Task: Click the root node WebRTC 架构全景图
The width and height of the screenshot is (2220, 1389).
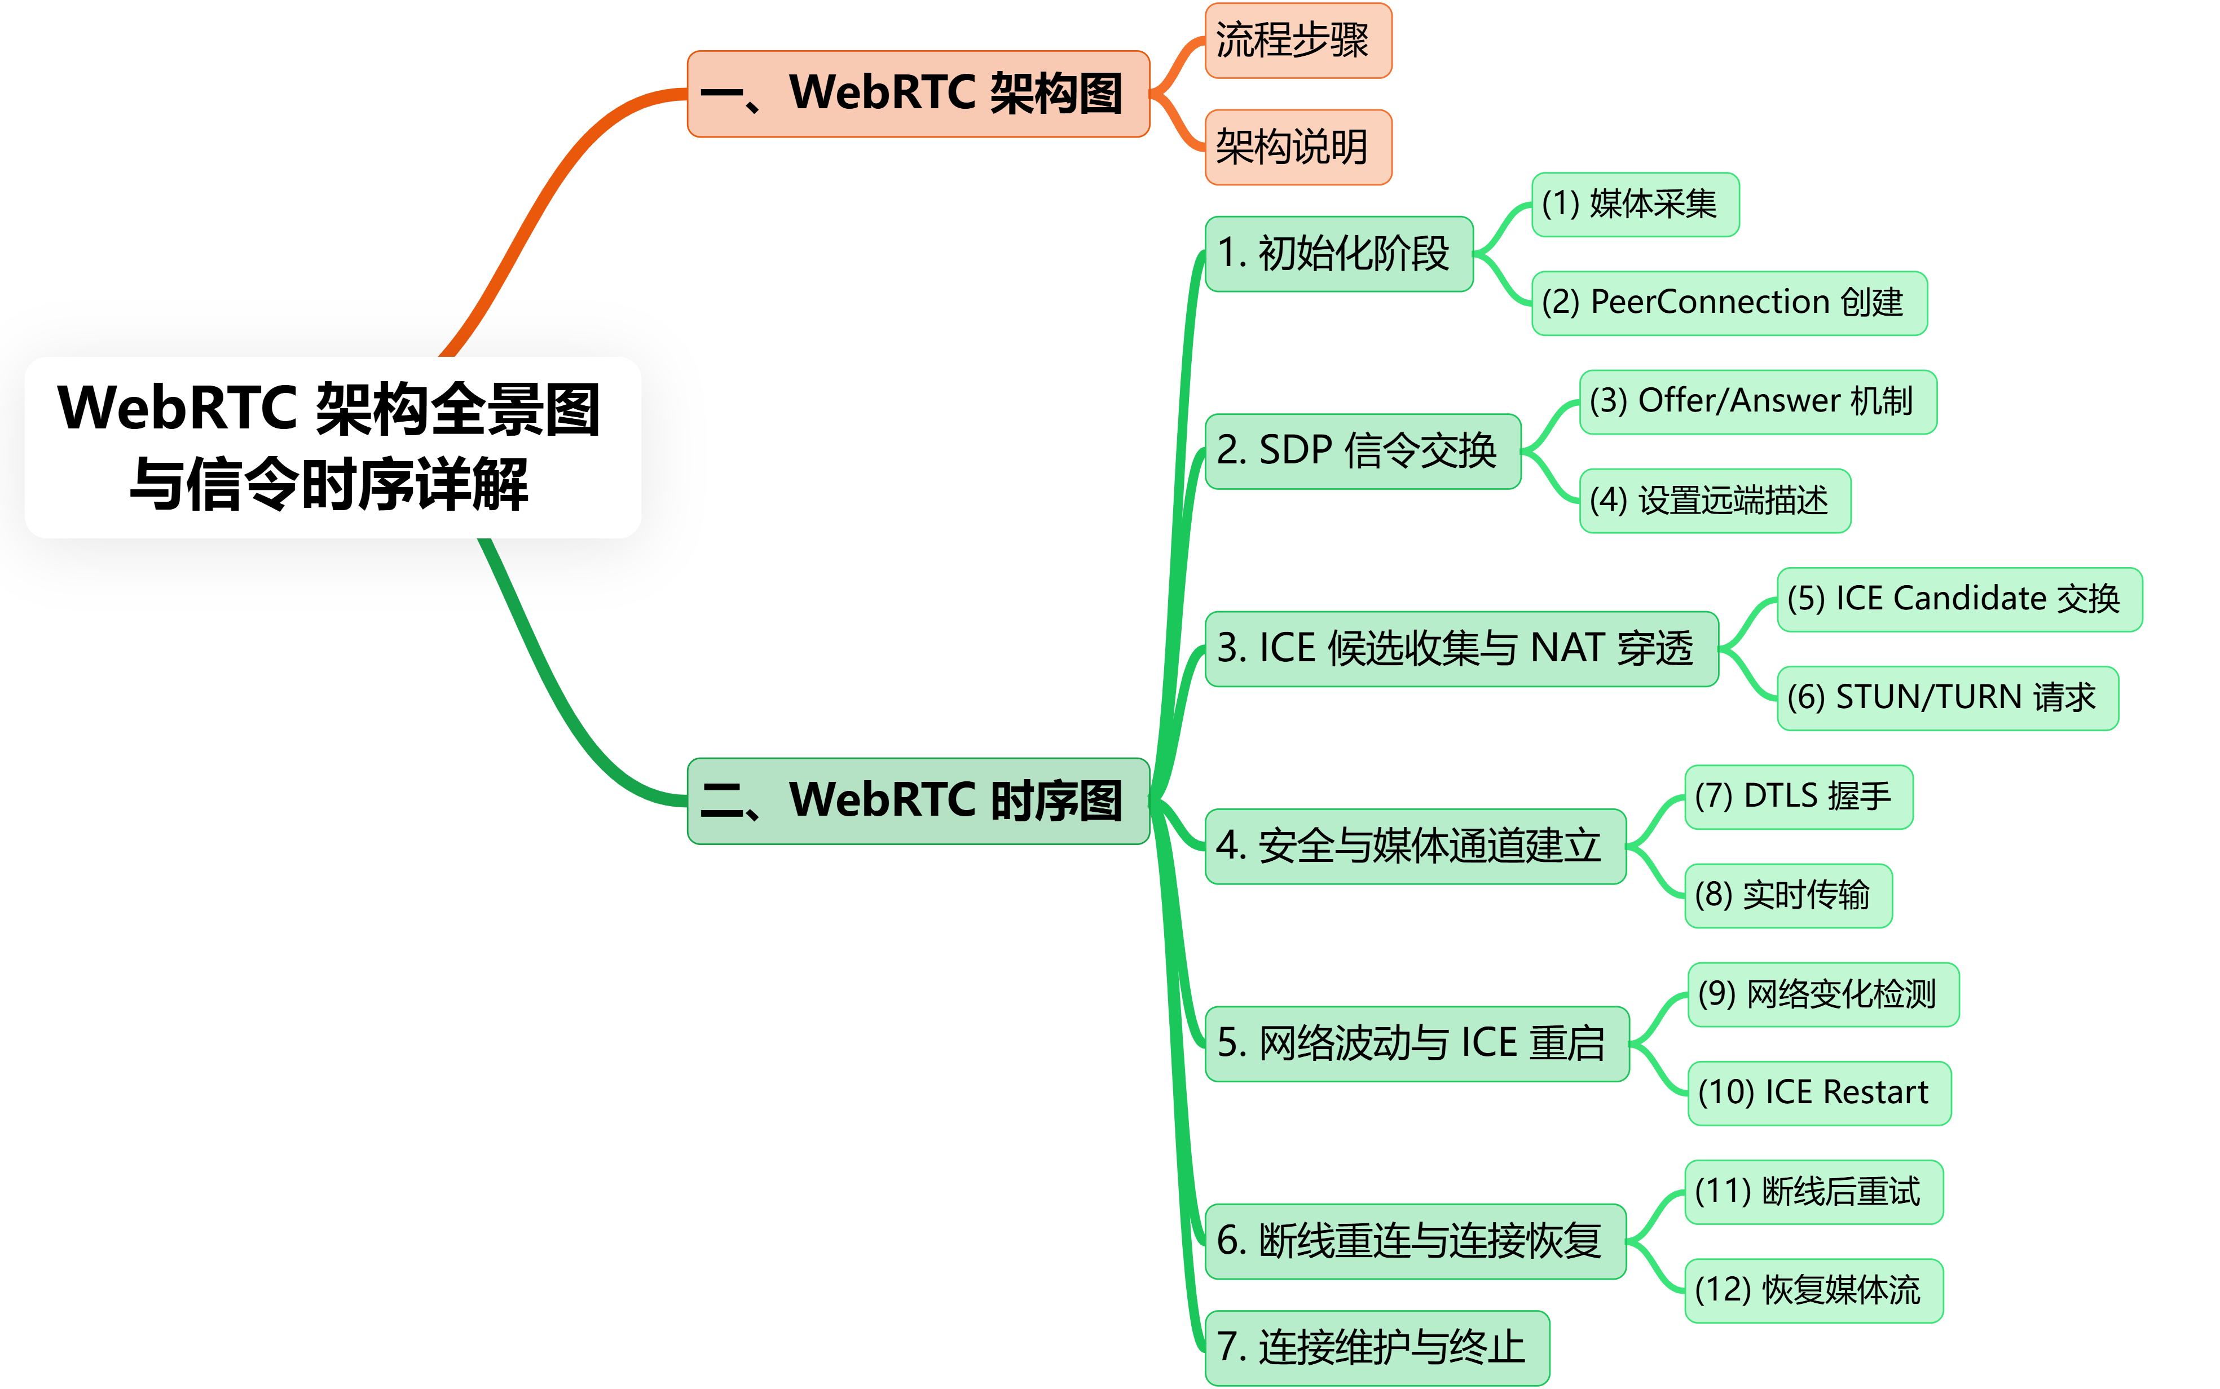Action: tap(333, 448)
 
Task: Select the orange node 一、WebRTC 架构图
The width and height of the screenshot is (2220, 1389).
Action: tap(918, 94)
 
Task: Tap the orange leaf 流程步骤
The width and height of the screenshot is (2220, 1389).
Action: tap(1297, 41)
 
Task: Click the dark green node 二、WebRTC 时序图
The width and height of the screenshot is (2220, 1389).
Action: tap(918, 800)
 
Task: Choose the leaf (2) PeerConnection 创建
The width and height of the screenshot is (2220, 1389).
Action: tap(1728, 302)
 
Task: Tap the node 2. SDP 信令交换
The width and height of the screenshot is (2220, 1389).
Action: tap(1363, 451)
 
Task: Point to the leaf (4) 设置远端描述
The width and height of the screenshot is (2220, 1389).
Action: tap(1714, 501)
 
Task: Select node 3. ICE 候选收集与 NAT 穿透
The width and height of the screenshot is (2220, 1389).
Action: tap(1461, 649)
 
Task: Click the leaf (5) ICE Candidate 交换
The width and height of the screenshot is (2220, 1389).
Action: tap(1958, 599)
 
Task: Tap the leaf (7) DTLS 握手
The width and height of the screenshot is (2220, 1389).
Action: tap(1798, 797)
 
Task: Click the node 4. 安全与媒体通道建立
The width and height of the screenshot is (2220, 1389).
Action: tap(1415, 846)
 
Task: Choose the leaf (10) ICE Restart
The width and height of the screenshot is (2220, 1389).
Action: tap(1818, 1093)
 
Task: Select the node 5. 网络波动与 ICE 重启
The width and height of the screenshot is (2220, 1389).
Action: tap(1417, 1043)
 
